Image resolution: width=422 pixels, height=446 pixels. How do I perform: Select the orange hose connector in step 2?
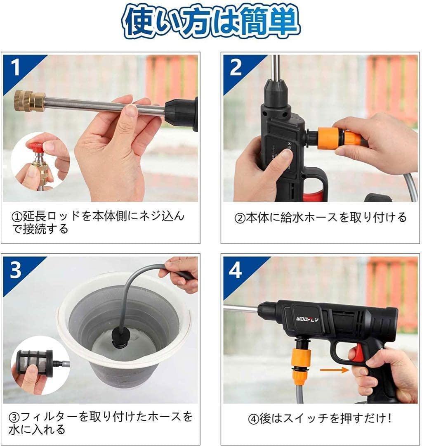coord(339,138)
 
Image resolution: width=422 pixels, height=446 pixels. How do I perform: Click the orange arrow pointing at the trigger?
coord(334,370)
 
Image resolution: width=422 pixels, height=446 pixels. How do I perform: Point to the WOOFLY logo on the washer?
coord(307,319)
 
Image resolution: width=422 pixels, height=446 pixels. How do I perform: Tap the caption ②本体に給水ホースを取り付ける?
coord(321,218)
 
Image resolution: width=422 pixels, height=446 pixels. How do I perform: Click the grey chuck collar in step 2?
coord(276,92)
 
